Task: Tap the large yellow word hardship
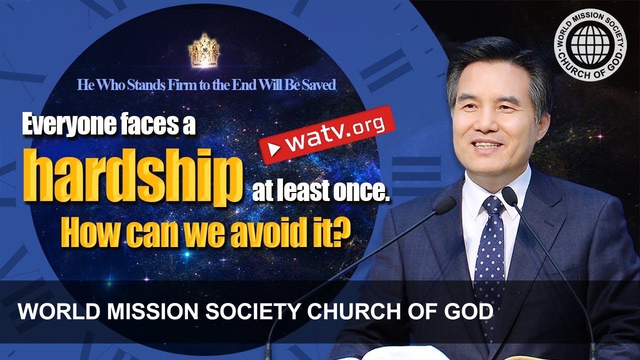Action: click(x=131, y=175)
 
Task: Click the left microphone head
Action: click(x=443, y=205)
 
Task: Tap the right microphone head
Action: click(x=509, y=195)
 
